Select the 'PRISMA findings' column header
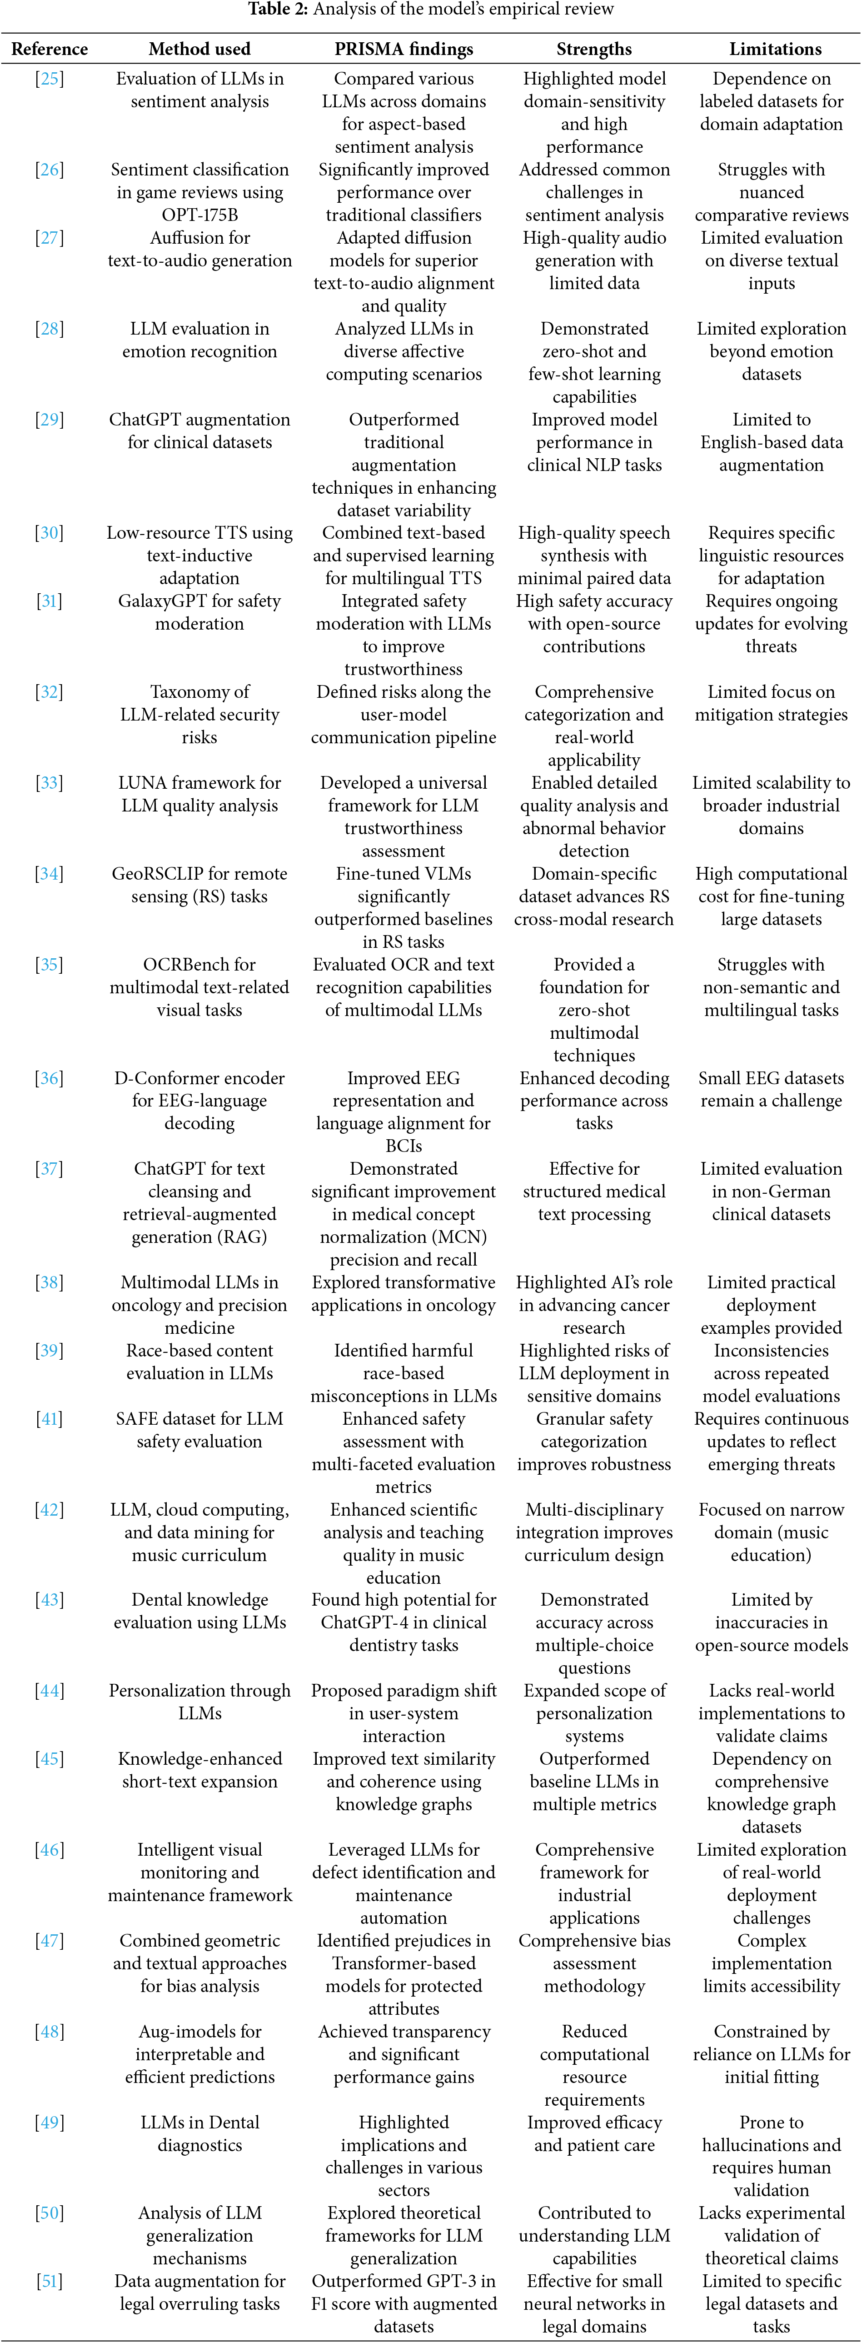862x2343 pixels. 404,49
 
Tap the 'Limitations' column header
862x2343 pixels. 775,49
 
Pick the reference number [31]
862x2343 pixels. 49,601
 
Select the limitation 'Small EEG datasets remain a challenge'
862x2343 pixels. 771,1089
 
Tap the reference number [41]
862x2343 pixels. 49,1419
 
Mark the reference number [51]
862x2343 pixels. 49,2281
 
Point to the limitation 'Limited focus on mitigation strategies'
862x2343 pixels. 771,703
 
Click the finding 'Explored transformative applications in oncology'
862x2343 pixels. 404,1293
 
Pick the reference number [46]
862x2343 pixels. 49,1850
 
